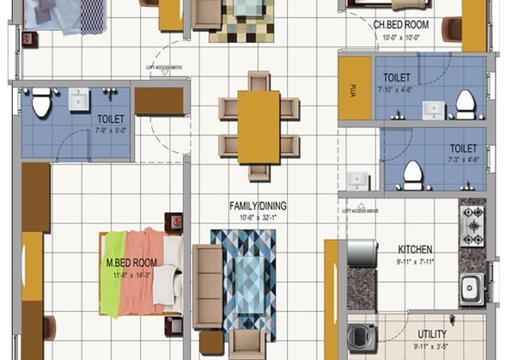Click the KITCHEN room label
pyautogui.click(x=414, y=250)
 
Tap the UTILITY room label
pyautogui.click(x=431, y=333)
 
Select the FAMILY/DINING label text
pyautogui.click(x=258, y=206)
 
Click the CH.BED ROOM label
pyautogui.click(x=402, y=24)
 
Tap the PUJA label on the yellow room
pyautogui.click(x=354, y=88)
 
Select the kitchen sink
pyautogui.click(x=471, y=288)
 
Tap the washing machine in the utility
pyautogui.click(x=361, y=336)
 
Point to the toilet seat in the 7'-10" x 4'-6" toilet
pyautogui.click(x=465, y=102)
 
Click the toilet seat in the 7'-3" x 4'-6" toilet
pyautogui.click(x=413, y=177)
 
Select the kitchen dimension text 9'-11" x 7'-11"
pyautogui.click(x=416, y=262)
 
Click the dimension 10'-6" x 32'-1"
pyautogui.click(x=258, y=217)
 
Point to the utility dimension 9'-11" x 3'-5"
pyautogui.click(x=431, y=347)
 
